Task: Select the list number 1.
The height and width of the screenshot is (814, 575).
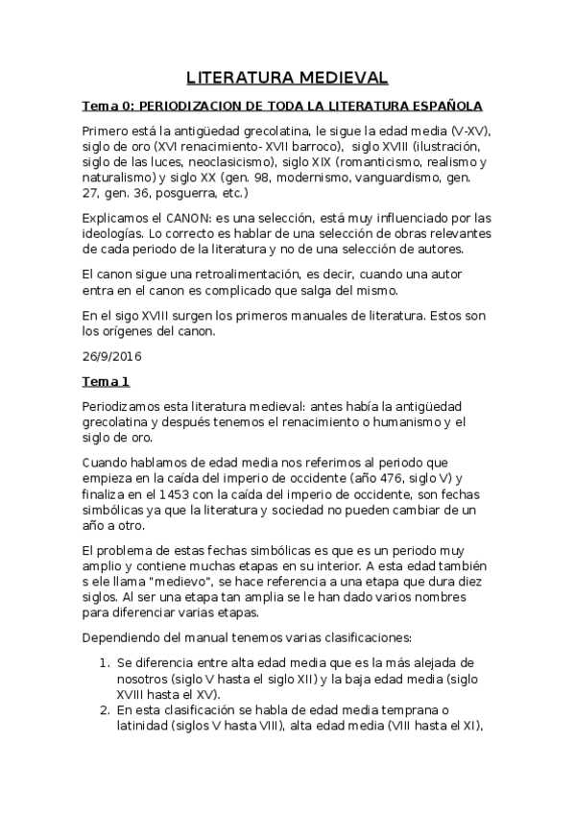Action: [x=105, y=663]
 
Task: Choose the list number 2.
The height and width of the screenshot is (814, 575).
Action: [x=105, y=709]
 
